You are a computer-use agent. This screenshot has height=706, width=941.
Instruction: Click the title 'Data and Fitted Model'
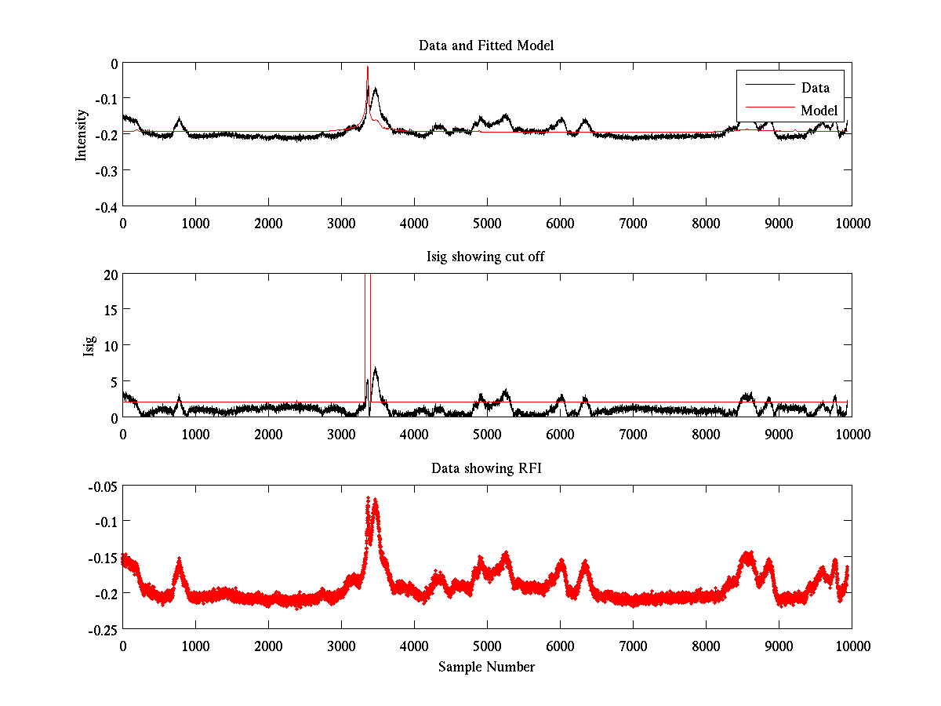click(x=486, y=45)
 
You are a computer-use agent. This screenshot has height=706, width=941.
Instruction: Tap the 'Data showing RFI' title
click(x=486, y=468)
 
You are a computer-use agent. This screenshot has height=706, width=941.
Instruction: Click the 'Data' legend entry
click(x=815, y=88)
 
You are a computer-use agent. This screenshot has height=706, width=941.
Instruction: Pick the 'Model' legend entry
click(x=819, y=110)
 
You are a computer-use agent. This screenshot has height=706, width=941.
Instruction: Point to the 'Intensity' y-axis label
click(x=81, y=135)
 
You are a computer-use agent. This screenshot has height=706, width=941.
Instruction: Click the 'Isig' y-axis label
click(x=89, y=345)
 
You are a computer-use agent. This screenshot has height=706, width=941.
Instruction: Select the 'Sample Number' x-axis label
click(x=486, y=667)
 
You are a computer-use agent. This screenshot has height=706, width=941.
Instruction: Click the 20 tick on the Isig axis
click(x=111, y=274)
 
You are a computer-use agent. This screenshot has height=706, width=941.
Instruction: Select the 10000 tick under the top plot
click(x=852, y=223)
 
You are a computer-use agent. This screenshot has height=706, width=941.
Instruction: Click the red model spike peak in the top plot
click(x=367, y=67)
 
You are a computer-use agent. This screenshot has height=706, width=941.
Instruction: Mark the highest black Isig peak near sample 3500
click(x=376, y=368)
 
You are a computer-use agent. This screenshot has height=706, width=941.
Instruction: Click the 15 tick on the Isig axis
click(x=111, y=310)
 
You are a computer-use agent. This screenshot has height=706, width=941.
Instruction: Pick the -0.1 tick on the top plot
click(x=106, y=99)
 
